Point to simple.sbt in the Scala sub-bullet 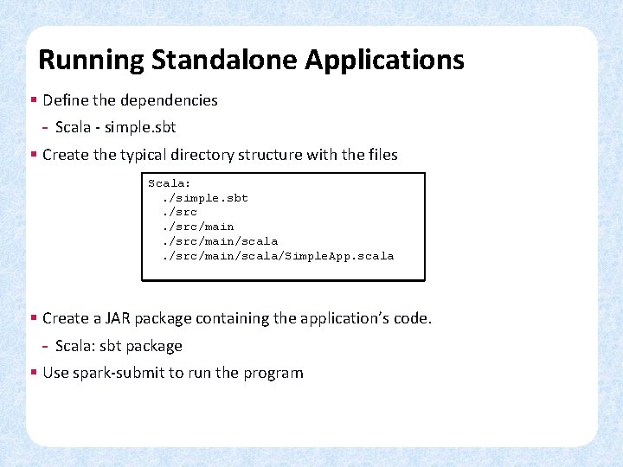pyautogui.click(x=140, y=127)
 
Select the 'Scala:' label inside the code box pyautogui.click(x=170, y=183)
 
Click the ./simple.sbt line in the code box pyautogui.click(x=205, y=198)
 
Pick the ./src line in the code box pyautogui.click(x=180, y=213)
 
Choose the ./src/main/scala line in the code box pyautogui.click(x=220, y=241)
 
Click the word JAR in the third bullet pyautogui.click(x=125, y=318)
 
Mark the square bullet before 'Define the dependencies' pyautogui.click(x=33, y=100)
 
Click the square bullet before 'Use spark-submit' pyautogui.click(x=33, y=373)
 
